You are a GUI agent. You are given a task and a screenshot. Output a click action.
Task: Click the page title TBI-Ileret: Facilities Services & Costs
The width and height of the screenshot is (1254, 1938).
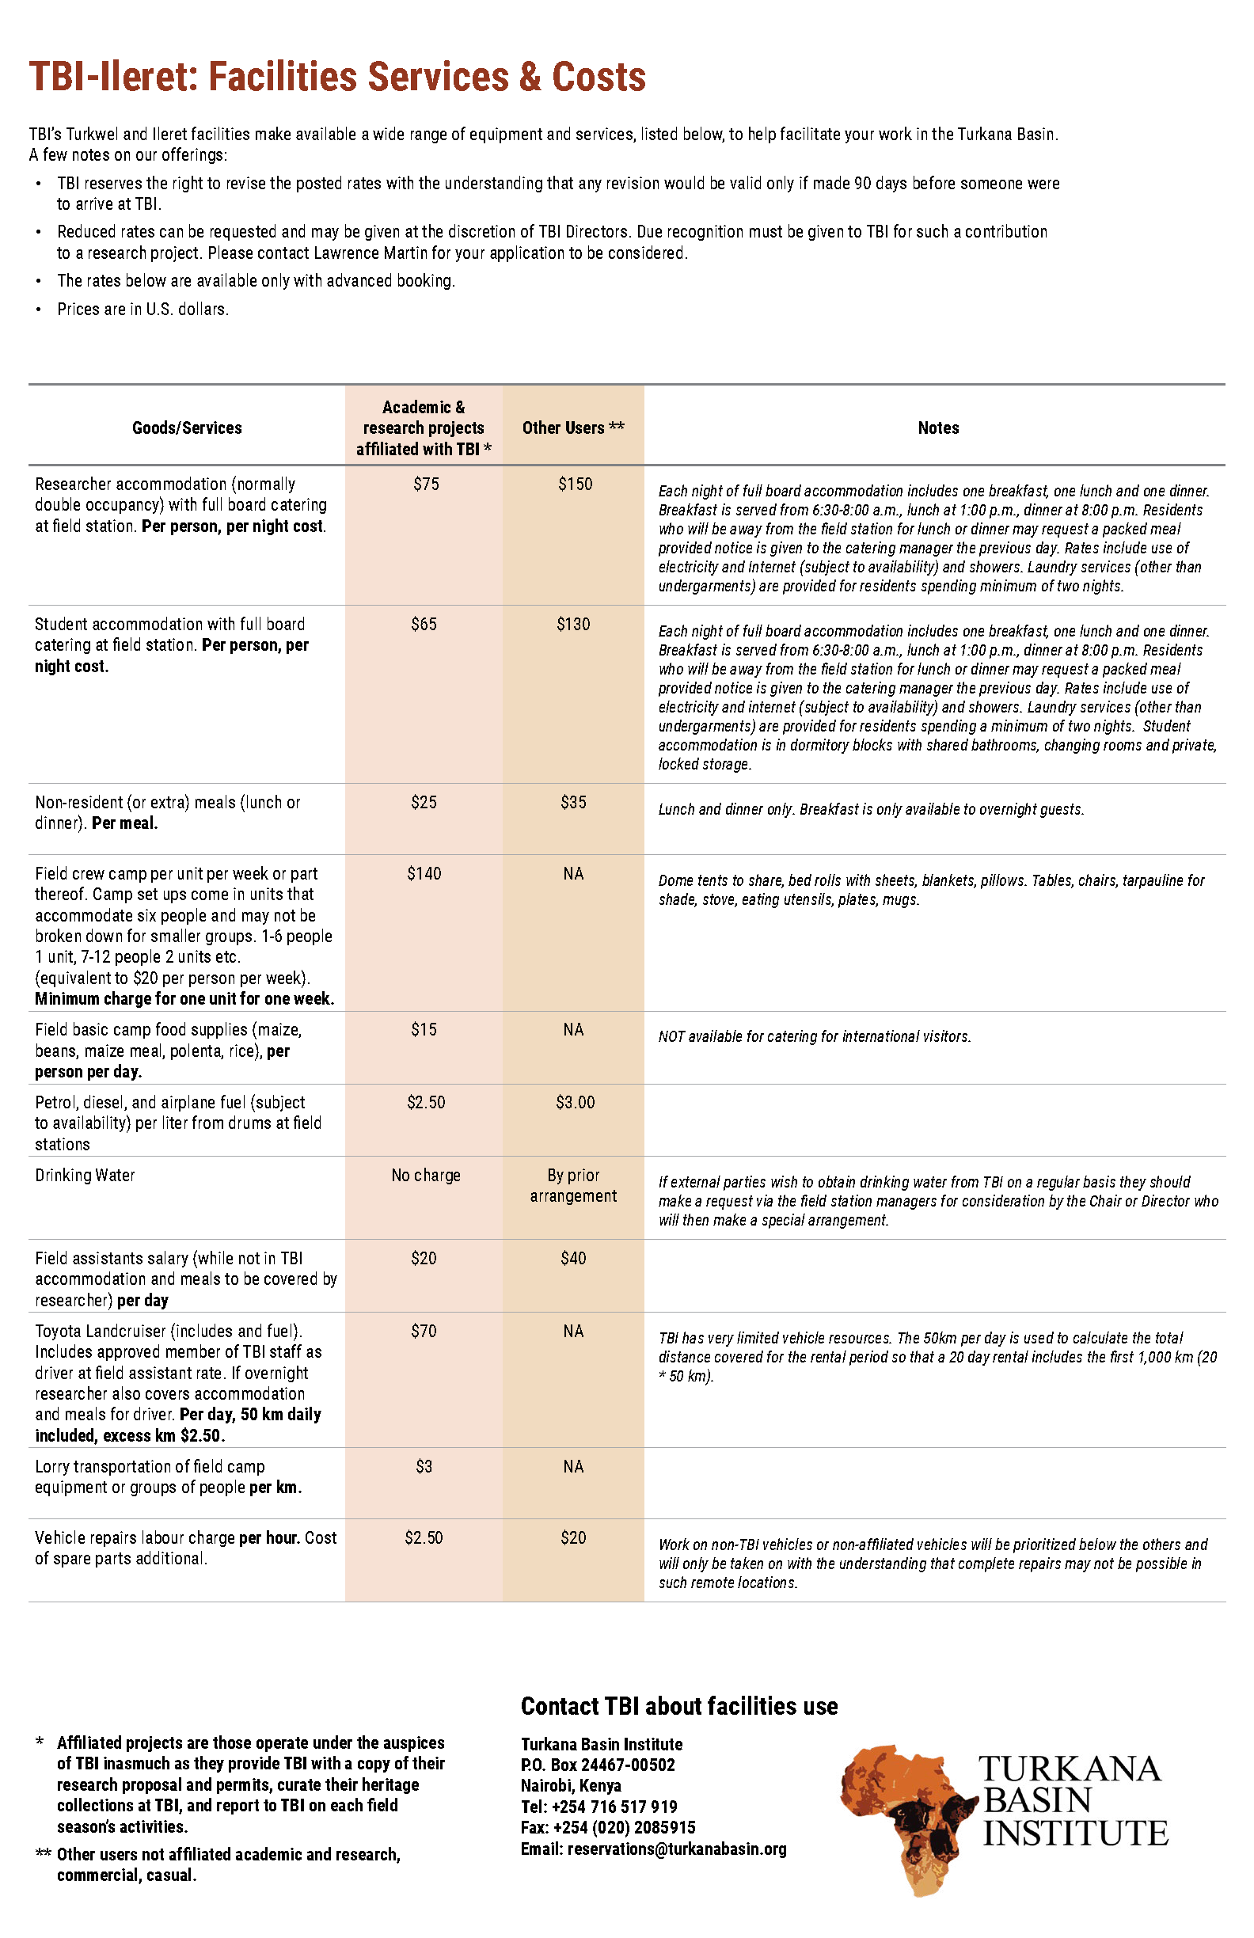(x=337, y=78)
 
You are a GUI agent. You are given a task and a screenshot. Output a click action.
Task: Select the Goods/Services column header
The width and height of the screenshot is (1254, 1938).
(x=187, y=427)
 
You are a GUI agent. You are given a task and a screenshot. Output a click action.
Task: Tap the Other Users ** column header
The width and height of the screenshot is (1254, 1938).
(x=573, y=427)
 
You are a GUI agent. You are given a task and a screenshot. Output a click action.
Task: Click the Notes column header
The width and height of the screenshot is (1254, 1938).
(x=938, y=427)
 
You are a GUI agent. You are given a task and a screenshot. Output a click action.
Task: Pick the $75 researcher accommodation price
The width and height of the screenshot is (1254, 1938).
(x=426, y=484)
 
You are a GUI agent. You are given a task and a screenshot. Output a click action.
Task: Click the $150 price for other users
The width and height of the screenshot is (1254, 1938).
(x=575, y=484)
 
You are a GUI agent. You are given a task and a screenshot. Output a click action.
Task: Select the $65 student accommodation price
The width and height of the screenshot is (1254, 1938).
(x=424, y=625)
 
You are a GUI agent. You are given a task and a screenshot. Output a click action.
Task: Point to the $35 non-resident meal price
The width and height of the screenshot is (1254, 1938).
(x=573, y=803)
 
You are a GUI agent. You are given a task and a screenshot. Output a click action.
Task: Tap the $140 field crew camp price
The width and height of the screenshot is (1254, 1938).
(x=424, y=874)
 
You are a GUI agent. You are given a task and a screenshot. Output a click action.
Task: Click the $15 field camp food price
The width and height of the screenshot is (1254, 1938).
(x=424, y=1030)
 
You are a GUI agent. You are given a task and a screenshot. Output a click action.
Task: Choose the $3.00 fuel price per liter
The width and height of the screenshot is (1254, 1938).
(x=575, y=1103)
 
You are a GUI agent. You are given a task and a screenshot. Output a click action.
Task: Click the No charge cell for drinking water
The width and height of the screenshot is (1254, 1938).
(x=426, y=1175)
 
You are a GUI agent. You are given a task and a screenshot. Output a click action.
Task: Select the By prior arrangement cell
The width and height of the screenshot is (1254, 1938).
(x=573, y=1186)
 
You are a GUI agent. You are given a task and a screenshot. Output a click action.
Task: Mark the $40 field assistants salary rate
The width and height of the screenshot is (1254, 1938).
(x=573, y=1258)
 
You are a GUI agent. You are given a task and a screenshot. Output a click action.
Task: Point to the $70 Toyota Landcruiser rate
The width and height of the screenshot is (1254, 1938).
(x=424, y=1332)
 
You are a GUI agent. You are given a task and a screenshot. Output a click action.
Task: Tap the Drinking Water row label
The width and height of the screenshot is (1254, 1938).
(x=85, y=1175)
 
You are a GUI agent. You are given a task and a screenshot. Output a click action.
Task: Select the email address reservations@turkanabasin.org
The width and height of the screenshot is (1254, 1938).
(x=677, y=1849)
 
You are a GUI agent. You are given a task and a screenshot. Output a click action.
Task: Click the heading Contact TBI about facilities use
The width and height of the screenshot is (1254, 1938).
(x=679, y=1706)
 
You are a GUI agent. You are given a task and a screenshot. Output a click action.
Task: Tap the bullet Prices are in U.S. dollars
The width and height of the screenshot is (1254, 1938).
(x=142, y=310)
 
